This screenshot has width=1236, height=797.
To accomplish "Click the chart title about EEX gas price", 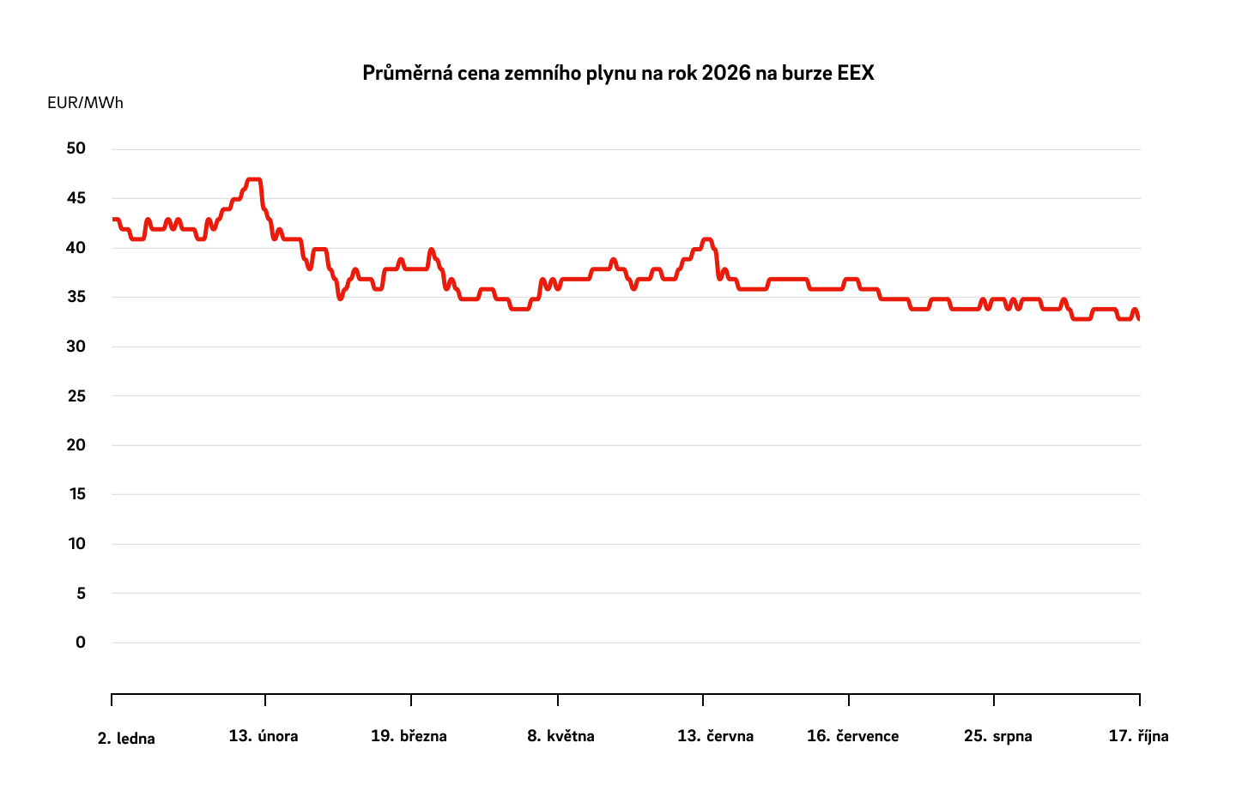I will click(618, 73).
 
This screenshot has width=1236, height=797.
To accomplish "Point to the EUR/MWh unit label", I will click(85, 103).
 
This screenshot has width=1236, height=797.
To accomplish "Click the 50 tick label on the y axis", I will click(76, 148).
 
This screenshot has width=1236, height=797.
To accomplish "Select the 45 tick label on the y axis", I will click(76, 198).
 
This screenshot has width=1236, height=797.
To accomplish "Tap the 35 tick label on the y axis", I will click(76, 297).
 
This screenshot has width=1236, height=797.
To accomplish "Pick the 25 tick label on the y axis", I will click(76, 395).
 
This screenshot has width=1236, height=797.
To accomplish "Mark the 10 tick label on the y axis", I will click(76, 543).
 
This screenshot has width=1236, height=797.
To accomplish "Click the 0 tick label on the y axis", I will click(81, 642).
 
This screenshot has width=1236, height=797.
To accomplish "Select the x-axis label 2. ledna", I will click(126, 739).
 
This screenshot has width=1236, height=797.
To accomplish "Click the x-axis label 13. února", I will click(264, 736).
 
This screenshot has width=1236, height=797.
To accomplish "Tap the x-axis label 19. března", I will click(409, 736).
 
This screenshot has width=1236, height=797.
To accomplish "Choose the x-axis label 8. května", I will click(560, 736).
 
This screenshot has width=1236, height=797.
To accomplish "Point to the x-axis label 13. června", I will click(715, 736).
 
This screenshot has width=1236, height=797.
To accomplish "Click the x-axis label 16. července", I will click(852, 736).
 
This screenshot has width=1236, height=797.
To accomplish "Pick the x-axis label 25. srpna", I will click(997, 736).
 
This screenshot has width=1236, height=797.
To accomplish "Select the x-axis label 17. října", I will click(1138, 736).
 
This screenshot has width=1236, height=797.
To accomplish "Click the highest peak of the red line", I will click(253, 180).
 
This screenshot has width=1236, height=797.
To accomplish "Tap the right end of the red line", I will click(1138, 318).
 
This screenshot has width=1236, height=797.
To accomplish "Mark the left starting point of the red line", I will click(114, 220).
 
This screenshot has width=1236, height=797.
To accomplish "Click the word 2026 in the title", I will click(726, 73).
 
